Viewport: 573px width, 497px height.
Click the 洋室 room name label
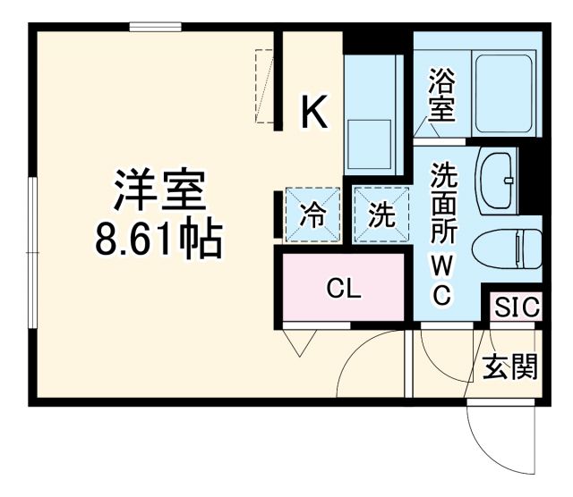tap(160, 190)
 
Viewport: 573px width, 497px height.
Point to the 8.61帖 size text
tap(160, 237)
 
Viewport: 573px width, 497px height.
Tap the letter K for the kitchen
tap(312, 113)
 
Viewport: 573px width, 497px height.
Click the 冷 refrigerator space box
tap(313, 215)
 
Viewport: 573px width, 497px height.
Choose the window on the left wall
tap(32, 254)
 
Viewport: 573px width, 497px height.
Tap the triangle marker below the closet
tap(296, 341)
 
